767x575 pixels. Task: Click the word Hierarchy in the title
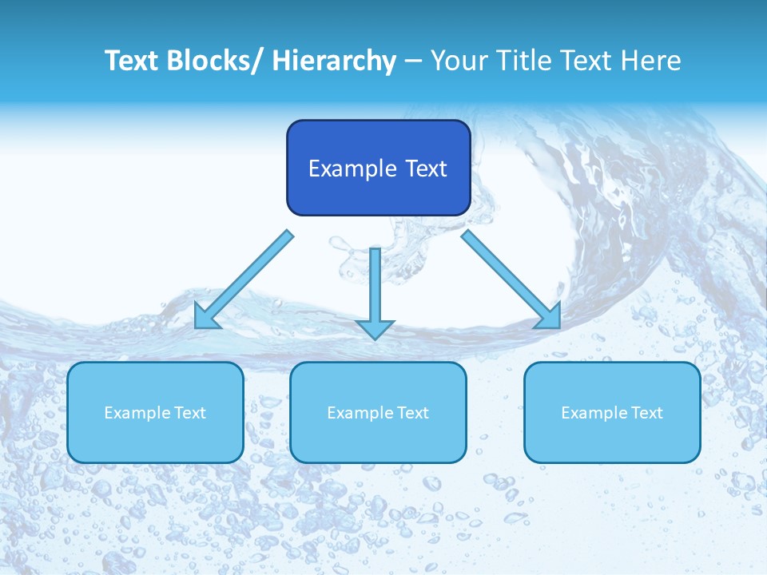(x=333, y=61)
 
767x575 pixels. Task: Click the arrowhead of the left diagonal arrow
(x=206, y=316)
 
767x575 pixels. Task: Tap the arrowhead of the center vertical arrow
(x=375, y=328)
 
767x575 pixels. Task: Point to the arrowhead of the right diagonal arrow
(x=549, y=316)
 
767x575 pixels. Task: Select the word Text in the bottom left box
(x=190, y=413)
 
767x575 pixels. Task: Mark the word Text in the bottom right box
(x=647, y=413)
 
